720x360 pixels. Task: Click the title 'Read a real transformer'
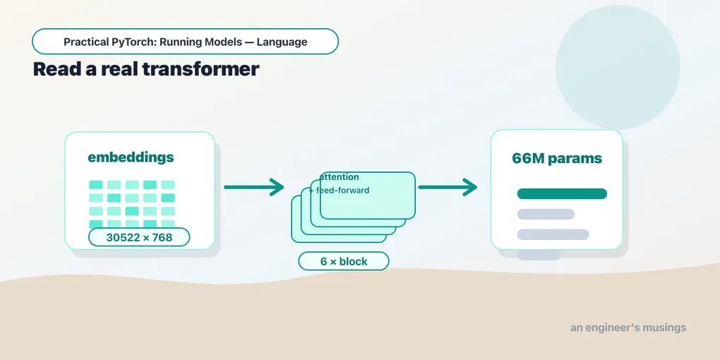tap(146, 69)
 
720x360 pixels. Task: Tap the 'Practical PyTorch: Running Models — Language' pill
tap(185, 42)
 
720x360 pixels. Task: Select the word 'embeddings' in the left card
tap(131, 157)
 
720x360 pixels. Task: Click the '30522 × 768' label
tap(139, 237)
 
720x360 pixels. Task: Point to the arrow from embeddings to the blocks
tap(254, 187)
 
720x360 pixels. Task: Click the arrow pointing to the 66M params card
tap(448, 187)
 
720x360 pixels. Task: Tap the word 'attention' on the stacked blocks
tap(340, 177)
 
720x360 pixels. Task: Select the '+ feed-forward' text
tap(340, 190)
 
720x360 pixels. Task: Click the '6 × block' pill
tap(344, 261)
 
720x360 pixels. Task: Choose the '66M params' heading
tap(556, 158)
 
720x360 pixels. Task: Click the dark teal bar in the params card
tap(562, 194)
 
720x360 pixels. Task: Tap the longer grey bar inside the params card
tap(553, 234)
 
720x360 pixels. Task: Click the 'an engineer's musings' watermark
tap(628, 328)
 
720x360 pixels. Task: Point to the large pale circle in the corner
tap(618, 67)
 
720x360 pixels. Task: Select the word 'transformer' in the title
tap(200, 69)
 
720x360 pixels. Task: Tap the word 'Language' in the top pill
tap(282, 42)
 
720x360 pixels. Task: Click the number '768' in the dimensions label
tap(163, 237)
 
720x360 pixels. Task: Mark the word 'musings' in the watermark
tap(664, 328)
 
